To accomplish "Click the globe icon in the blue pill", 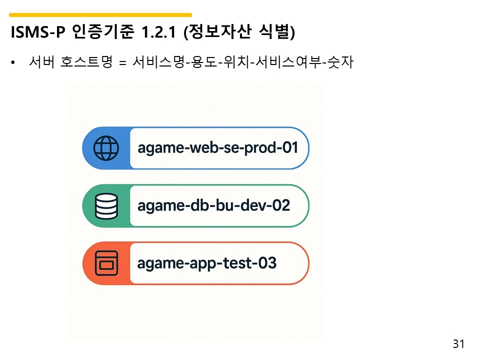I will click(106, 148).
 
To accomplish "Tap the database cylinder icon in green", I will click(106, 205).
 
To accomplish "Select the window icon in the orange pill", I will click(106, 263).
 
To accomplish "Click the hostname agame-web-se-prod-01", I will click(217, 148).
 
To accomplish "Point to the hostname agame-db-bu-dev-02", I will click(213, 205).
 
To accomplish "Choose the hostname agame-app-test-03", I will click(206, 263).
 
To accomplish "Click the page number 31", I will click(458, 344).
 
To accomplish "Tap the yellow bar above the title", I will click(100, 15).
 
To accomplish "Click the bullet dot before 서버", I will click(13, 63).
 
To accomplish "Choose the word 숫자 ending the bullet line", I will click(339, 63).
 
